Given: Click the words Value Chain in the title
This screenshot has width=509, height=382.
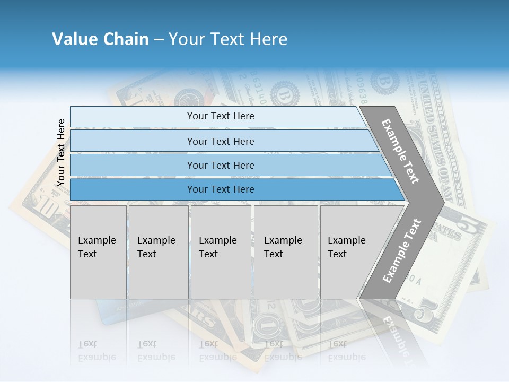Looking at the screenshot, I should click(x=100, y=39).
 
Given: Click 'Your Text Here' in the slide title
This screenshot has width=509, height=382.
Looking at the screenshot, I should click(x=228, y=39).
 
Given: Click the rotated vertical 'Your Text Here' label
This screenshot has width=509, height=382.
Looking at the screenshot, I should click(x=61, y=153).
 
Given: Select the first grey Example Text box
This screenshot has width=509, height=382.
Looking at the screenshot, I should click(x=98, y=252).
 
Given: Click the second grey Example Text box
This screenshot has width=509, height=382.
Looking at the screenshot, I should click(x=158, y=252).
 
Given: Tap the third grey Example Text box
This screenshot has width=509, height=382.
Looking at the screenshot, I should click(x=221, y=252).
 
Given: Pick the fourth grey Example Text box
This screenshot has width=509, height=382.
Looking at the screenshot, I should click(x=285, y=252).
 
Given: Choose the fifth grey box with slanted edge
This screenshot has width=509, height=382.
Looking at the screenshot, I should click(x=350, y=252).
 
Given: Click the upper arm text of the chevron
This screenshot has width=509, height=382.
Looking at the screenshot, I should click(x=400, y=151).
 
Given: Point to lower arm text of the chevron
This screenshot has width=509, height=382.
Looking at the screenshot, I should click(x=401, y=250).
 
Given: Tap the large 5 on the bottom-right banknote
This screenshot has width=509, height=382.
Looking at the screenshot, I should click(x=424, y=313).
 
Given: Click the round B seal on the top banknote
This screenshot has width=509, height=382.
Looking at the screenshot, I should click(x=285, y=95).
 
